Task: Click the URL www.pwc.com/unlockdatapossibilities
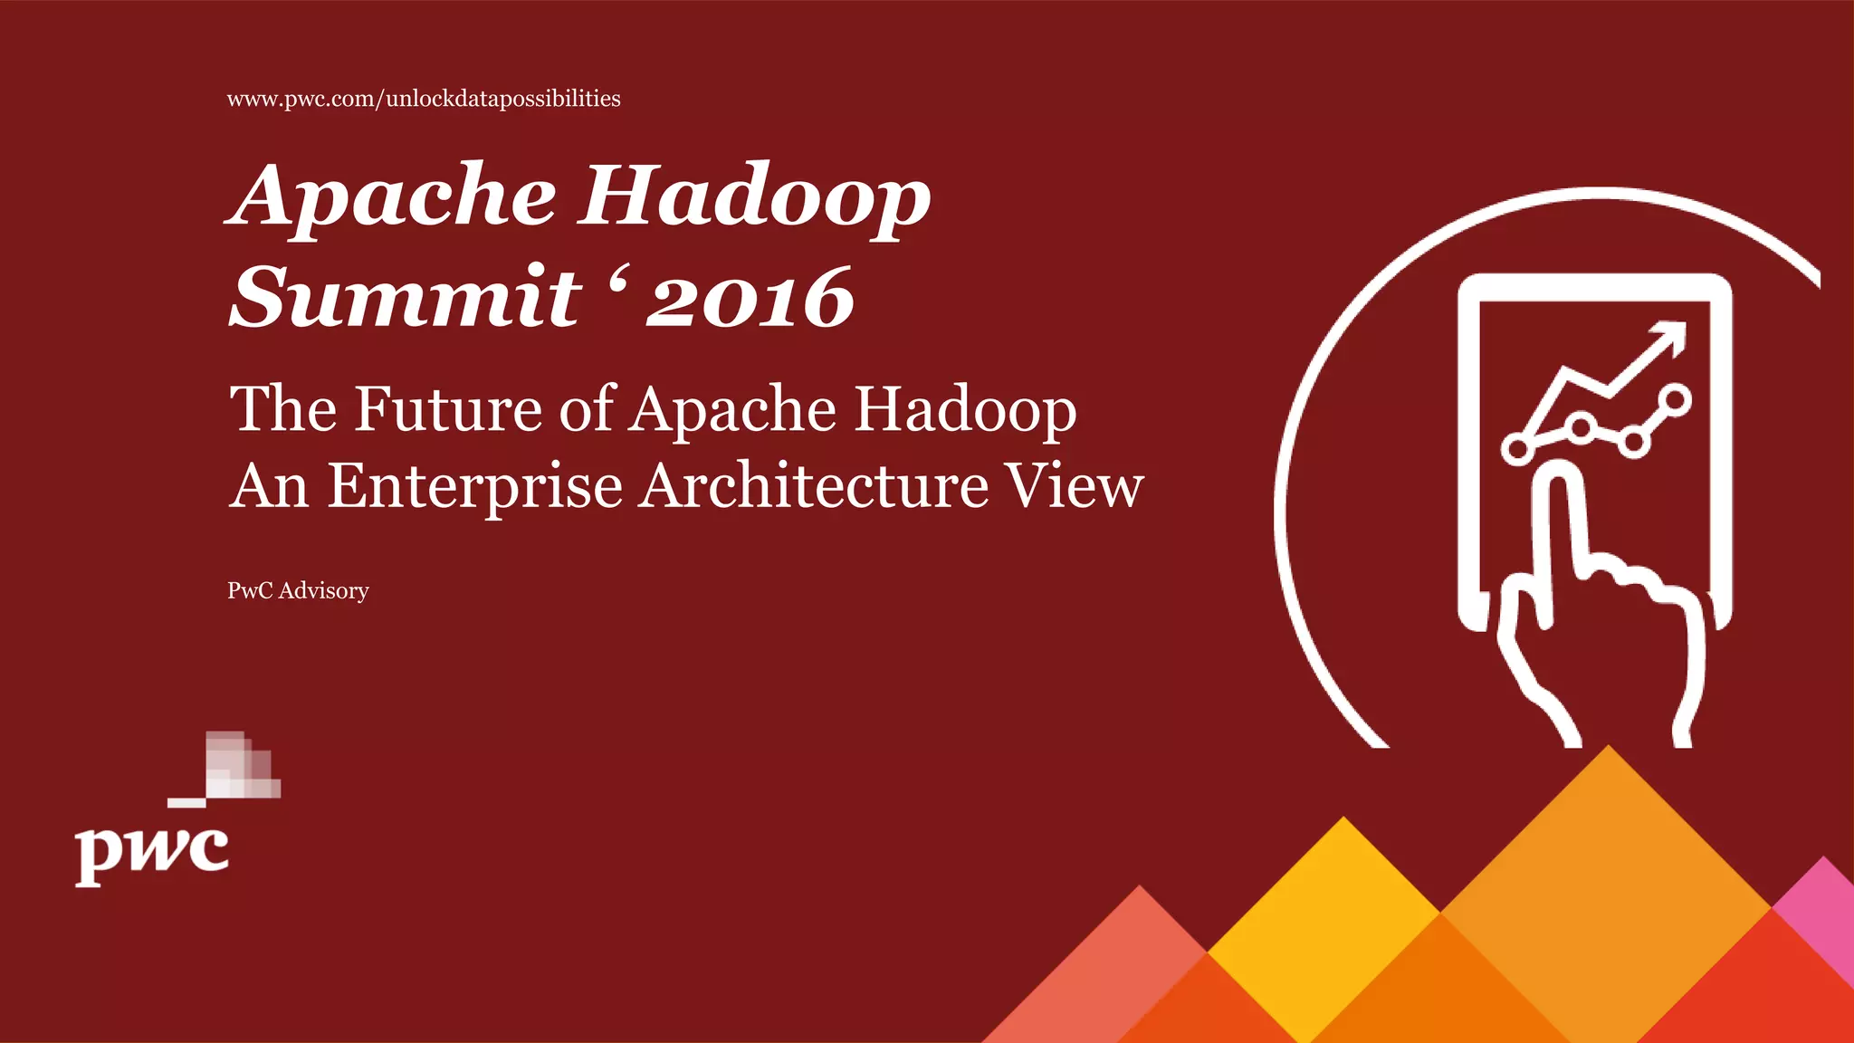[424, 99]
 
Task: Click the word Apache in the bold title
[391, 196]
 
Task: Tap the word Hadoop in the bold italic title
[755, 196]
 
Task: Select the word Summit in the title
[405, 297]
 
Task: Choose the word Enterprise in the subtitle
[474, 486]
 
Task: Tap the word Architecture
[814, 486]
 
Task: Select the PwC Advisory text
[298, 590]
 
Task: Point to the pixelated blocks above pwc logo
[235, 766]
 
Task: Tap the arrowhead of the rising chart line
[1671, 337]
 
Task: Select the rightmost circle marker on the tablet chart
[1675, 400]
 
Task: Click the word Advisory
[323, 590]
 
